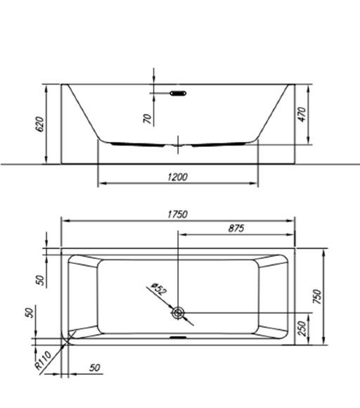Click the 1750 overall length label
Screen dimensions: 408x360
point(178,215)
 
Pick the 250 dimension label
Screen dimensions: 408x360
point(302,329)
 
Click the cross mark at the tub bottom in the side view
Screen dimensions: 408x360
point(179,146)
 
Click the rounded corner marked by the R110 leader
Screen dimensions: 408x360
point(68,340)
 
